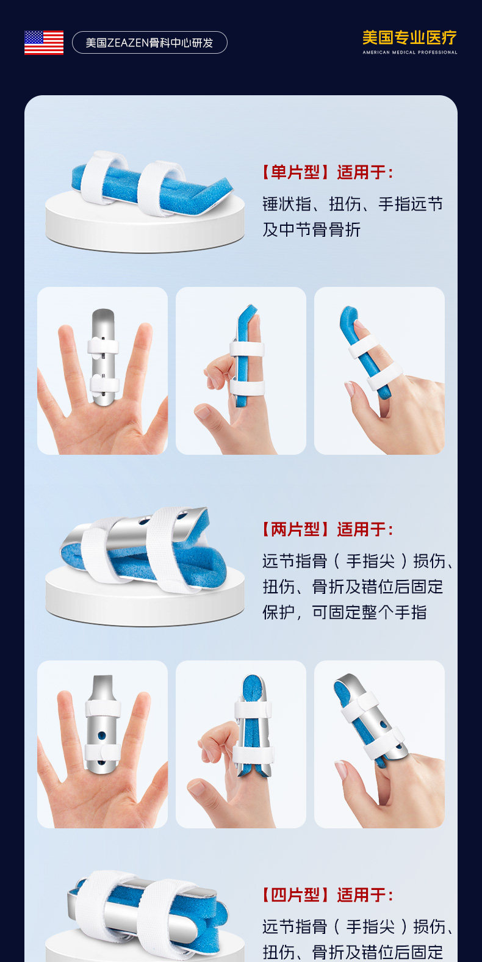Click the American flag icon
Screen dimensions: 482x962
point(44,43)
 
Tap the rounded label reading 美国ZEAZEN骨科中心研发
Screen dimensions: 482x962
point(149,43)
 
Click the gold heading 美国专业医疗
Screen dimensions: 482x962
point(409,38)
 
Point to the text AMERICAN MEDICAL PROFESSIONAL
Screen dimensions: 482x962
point(410,52)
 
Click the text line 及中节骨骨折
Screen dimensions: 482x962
point(311,230)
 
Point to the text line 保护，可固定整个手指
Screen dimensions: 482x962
point(344,612)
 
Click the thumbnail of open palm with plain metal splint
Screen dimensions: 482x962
point(103,371)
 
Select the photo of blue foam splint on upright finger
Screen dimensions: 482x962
point(241,371)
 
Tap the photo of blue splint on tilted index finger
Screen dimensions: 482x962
point(379,371)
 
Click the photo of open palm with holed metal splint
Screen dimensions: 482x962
point(103,744)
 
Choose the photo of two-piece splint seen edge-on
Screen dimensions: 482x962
point(241,744)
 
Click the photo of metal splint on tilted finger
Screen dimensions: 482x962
point(379,744)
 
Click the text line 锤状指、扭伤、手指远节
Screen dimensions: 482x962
point(353,203)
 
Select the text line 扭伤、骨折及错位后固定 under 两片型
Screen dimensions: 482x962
point(353,587)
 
